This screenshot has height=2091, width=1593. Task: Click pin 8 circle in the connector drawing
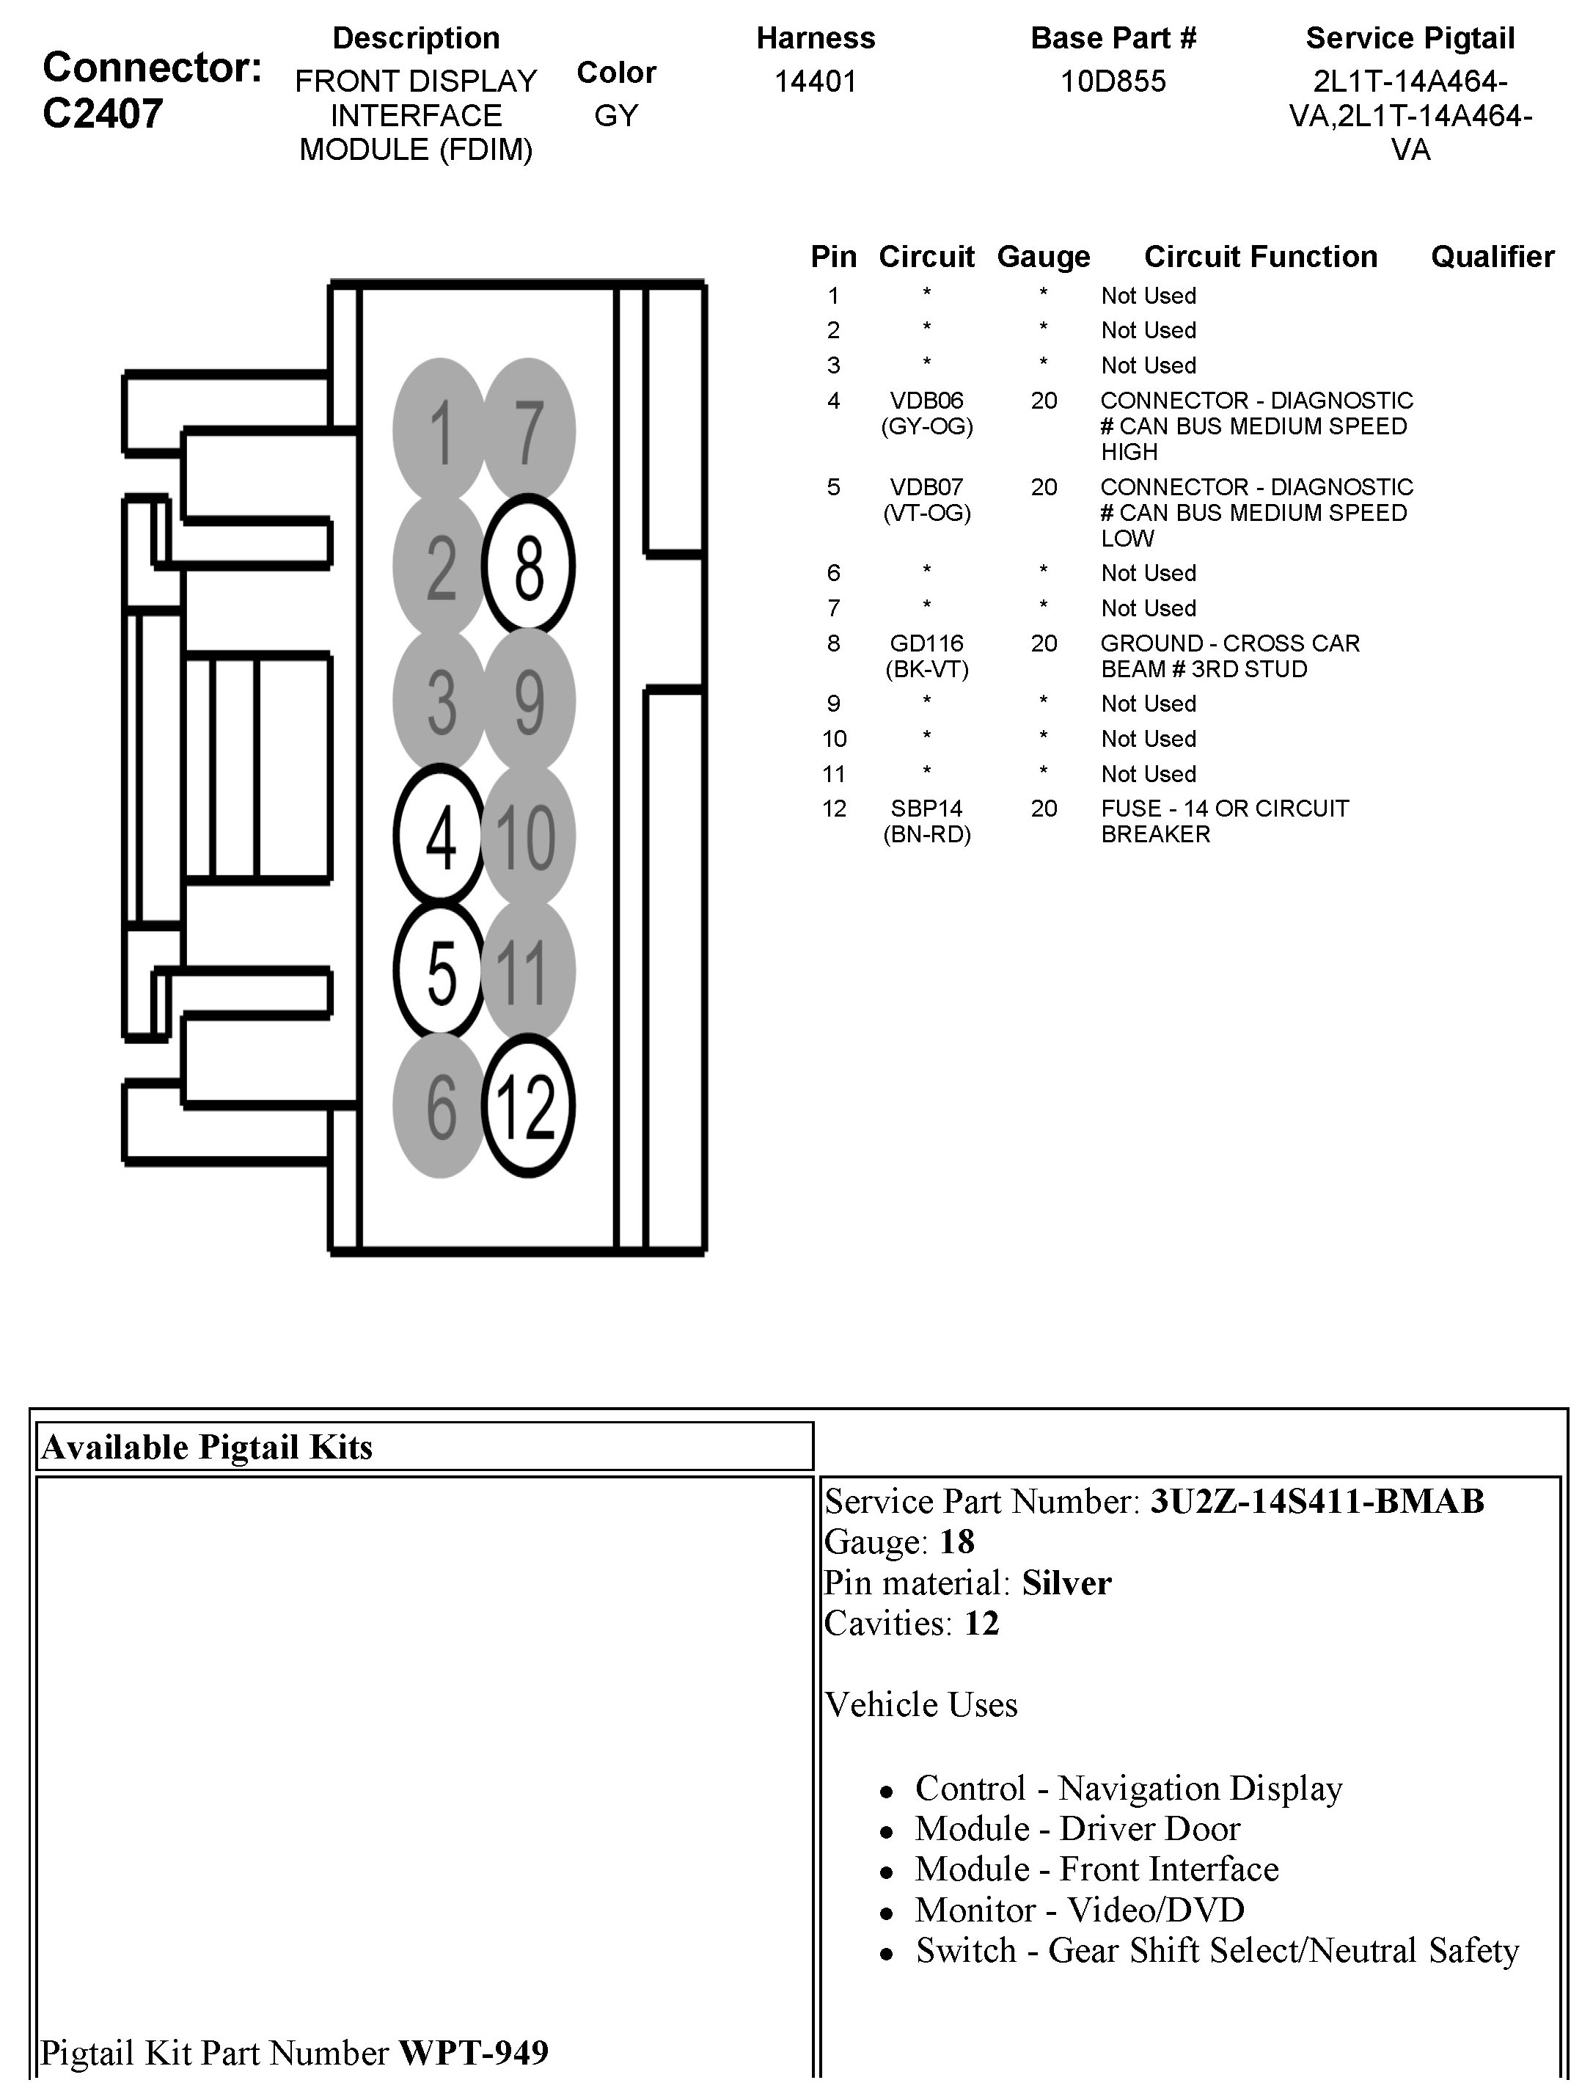coord(528,566)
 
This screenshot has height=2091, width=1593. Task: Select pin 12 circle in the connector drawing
coord(528,1106)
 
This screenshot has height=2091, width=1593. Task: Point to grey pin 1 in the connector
coord(439,431)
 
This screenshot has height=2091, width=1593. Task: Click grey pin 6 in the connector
coord(439,1106)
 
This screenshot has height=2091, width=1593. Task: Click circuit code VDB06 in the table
coord(926,401)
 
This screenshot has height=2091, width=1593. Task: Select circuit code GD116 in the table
coord(926,644)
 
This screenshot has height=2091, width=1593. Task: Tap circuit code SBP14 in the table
coord(926,809)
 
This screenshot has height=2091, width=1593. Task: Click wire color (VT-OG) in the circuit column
coord(926,513)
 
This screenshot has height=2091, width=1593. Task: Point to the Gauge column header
coord(1043,257)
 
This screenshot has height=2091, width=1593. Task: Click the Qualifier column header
coord(1492,257)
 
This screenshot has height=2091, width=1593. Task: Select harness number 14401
coord(816,81)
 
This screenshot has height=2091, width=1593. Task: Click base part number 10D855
coord(1113,81)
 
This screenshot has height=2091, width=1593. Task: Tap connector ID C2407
coord(103,114)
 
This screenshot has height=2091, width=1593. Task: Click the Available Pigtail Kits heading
coord(207,1447)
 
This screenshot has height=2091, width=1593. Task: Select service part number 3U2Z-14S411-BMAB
coord(1317,1501)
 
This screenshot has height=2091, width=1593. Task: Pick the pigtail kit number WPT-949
coord(473,2052)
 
